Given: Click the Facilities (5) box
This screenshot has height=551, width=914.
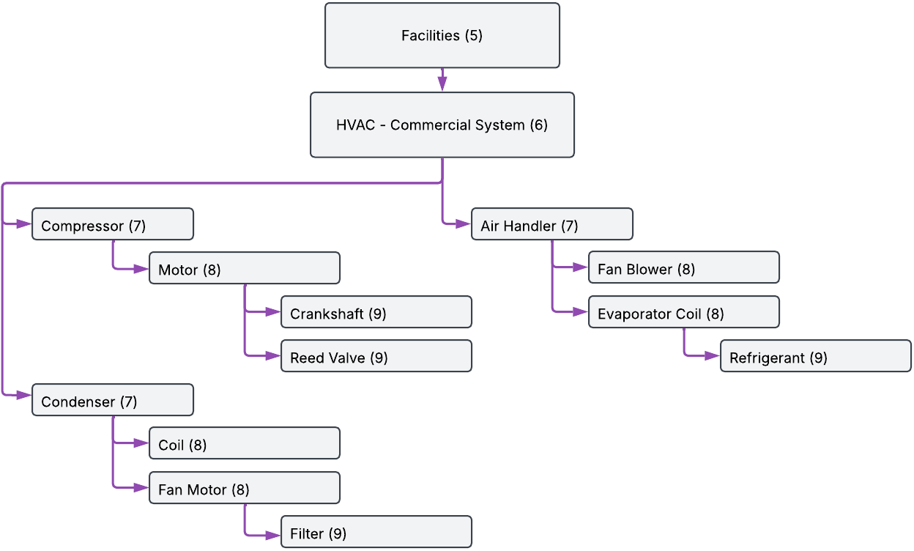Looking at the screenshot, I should click(442, 35).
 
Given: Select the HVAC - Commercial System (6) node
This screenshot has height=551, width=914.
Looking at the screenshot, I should click(442, 125).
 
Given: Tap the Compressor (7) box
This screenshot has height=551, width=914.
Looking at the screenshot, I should click(112, 224).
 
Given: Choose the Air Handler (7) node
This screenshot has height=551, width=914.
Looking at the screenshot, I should click(551, 224).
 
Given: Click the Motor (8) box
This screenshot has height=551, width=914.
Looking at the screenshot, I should click(244, 268).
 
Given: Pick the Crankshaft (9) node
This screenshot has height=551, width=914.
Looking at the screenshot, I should click(376, 312).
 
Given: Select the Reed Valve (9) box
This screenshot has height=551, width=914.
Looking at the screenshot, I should click(376, 356).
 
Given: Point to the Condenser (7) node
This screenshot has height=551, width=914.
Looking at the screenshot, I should click(112, 400).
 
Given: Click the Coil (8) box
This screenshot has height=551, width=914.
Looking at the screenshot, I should click(244, 443).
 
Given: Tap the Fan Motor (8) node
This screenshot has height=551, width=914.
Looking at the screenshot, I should click(244, 488).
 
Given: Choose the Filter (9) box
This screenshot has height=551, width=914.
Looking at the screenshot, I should click(376, 532).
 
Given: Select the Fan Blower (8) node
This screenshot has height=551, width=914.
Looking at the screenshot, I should click(683, 268).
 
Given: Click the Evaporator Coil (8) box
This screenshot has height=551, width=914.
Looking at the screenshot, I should click(683, 312).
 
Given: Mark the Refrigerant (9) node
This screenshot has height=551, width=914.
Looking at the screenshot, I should click(815, 356).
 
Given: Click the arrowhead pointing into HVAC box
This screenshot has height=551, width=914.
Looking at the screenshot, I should click(442, 85).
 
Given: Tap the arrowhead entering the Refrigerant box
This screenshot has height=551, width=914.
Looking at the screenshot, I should click(713, 356).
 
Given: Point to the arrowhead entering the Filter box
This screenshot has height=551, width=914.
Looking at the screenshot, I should click(274, 532).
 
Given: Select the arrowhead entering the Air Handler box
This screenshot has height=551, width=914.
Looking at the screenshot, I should click(464, 224).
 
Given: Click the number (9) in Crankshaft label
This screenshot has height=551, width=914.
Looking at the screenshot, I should click(377, 314).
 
